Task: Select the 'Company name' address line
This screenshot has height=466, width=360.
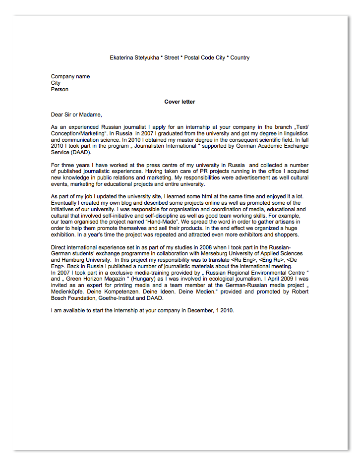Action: click(70, 76)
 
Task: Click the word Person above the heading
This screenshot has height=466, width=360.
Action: click(60, 89)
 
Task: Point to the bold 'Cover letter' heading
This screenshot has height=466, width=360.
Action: click(180, 102)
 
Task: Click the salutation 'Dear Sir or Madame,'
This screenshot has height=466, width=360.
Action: click(76, 115)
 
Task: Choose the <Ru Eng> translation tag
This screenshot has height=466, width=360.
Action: click(245, 260)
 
